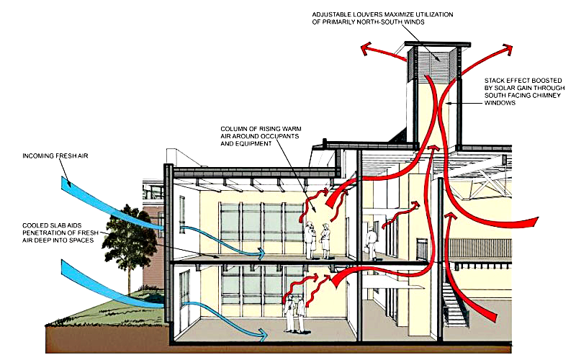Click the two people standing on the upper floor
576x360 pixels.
(317, 240)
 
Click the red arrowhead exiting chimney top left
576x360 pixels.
(364, 48)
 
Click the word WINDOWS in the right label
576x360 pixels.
(500, 103)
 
